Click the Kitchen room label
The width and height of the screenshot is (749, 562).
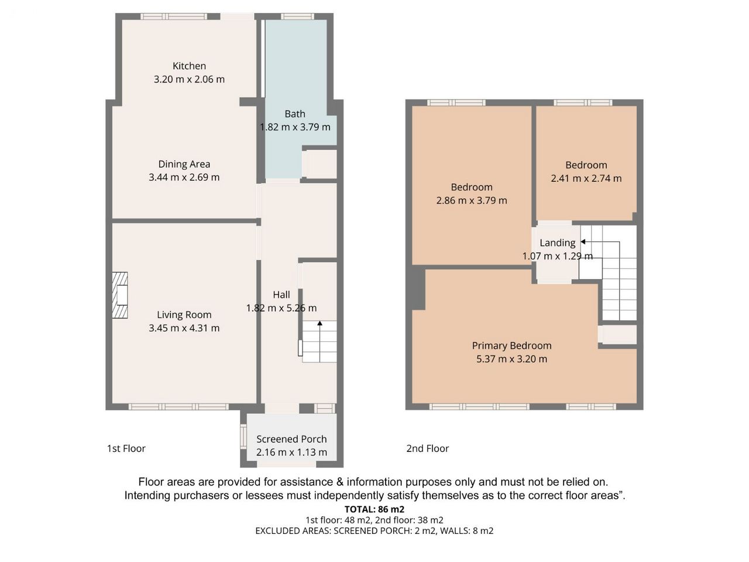point(189,66)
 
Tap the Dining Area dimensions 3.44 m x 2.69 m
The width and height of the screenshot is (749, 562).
point(184,177)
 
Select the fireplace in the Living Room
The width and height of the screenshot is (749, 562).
point(120,295)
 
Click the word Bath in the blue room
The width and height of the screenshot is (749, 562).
point(295,114)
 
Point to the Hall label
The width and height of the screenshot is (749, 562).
point(281,294)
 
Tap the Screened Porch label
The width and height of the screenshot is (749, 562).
point(291,439)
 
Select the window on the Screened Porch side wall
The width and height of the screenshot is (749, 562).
point(243,436)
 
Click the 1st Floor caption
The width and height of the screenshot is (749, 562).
point(126,448)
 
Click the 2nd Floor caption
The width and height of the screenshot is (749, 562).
point(427,448)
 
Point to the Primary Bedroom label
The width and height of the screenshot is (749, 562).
point(511,345)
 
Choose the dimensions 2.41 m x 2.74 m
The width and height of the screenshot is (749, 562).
point(586,179)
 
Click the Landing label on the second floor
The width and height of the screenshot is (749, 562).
point(557,243)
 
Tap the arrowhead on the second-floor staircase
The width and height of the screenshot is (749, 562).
point(583,242)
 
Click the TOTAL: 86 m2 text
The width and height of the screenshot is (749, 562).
point(374,509)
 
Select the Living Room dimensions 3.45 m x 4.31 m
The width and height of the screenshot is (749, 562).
point(184,328)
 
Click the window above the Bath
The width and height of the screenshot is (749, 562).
point(297,16)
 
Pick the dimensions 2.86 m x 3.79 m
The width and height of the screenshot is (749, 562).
point(472,200)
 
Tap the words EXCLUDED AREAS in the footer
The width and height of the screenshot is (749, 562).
point(293,530)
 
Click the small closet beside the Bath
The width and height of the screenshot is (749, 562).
point(319,164)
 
